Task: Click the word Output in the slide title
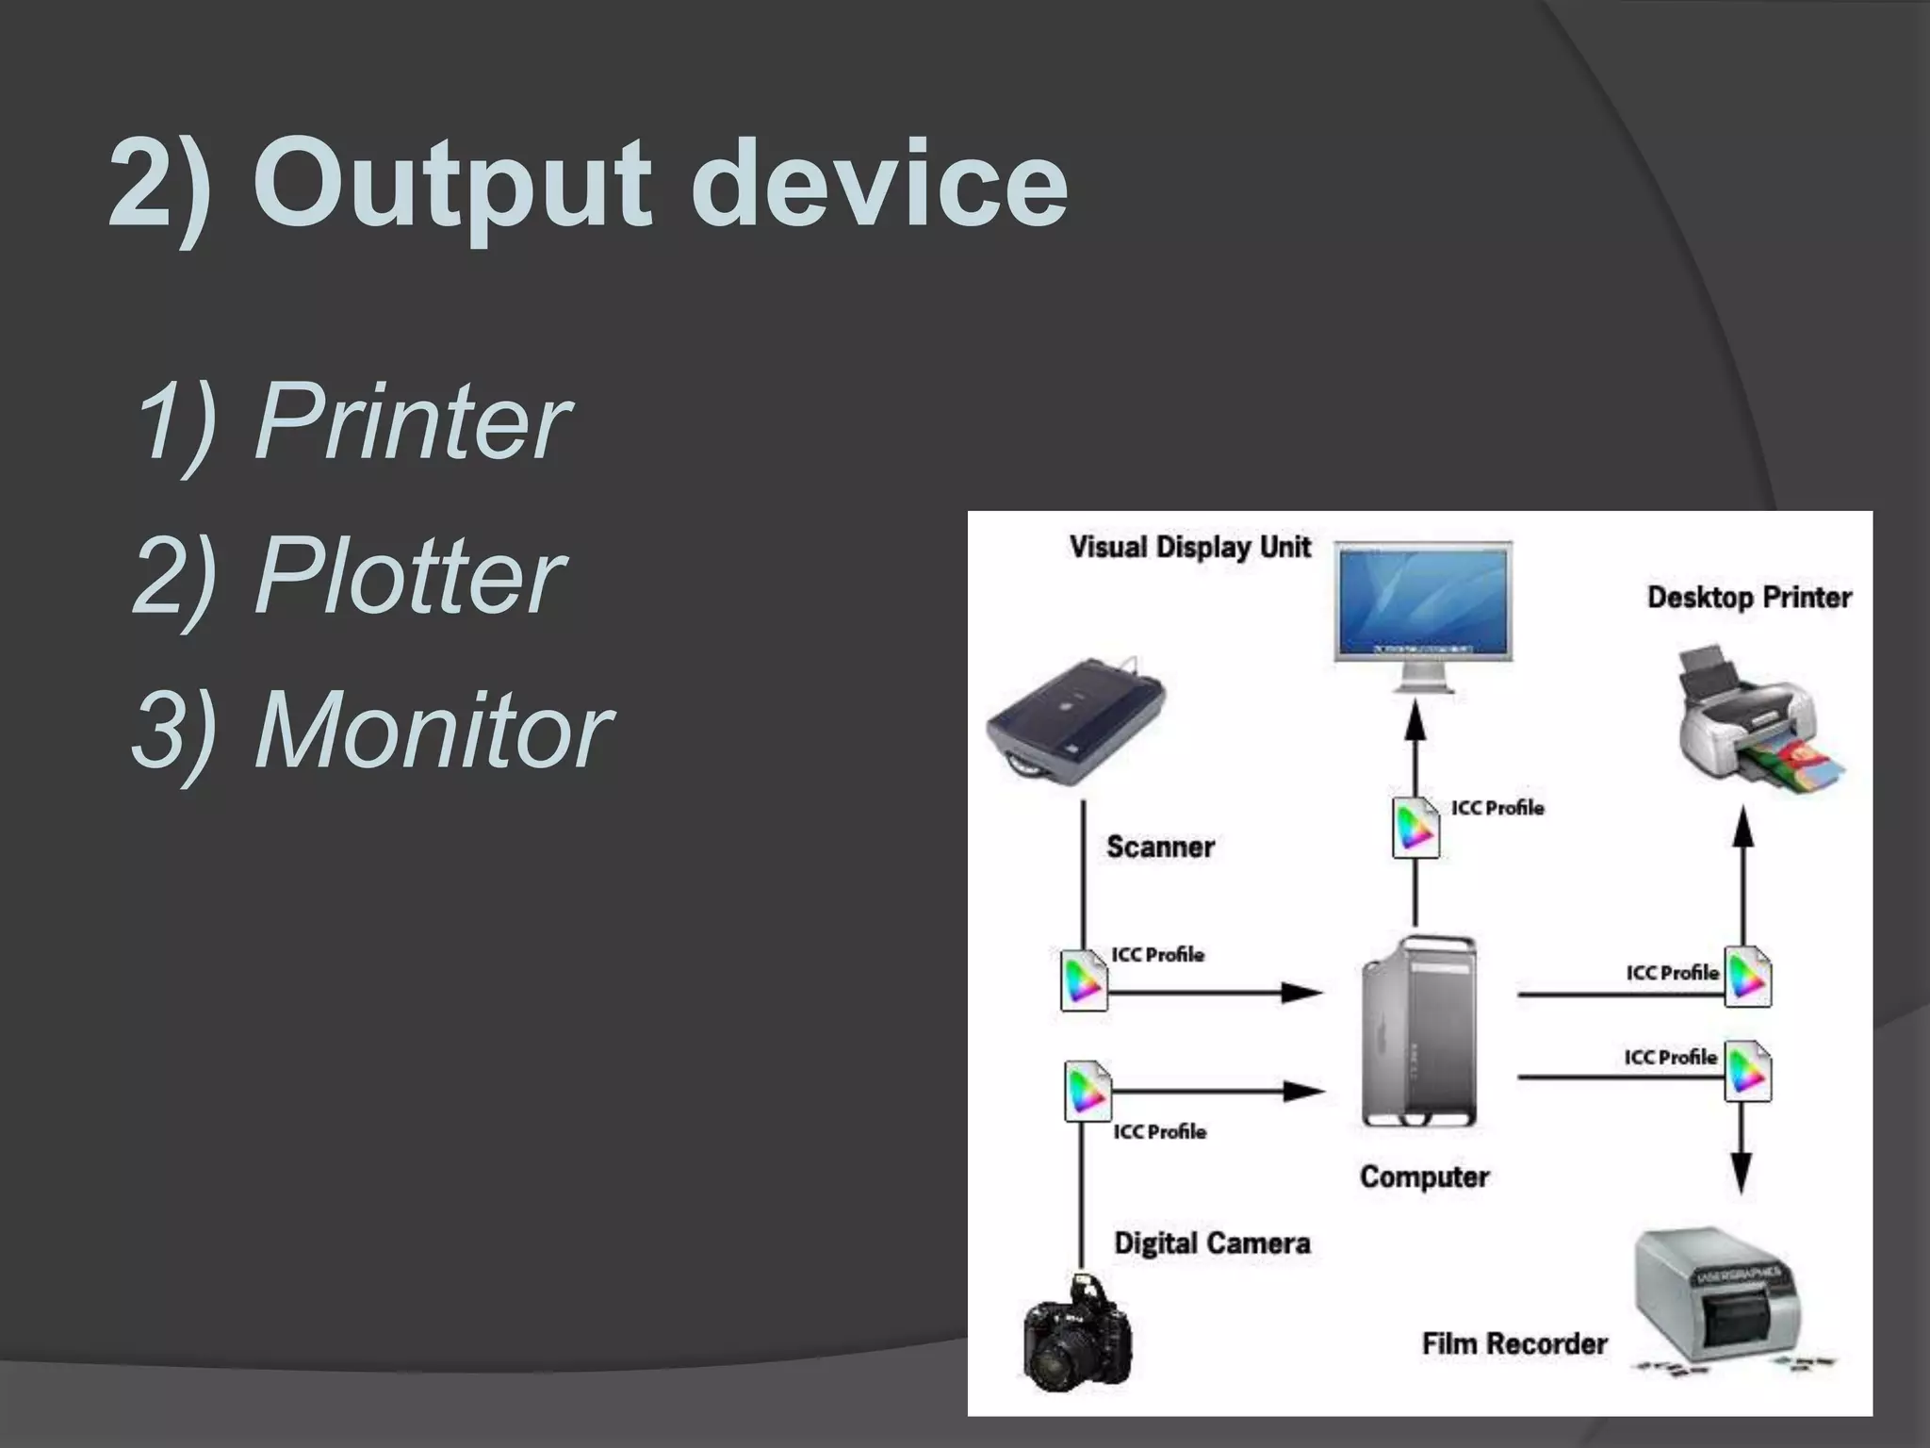click(x=452, y=184)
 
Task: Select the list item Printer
click(x=411, y=420)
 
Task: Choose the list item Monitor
click(x=433, y=730)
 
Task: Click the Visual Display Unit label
click(x=1189, y=547)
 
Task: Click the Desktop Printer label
click(x=1749, y=598)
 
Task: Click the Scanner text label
click(x=1160, y=847)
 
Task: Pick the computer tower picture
click(x=1419, y=1031)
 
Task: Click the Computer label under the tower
click(x=1424, y=1176)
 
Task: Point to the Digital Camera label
click(x=1212, y=1243)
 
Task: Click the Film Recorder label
click(x=1514, y=1343)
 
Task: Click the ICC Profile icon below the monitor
click(x=1415, y=828)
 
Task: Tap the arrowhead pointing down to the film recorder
click(x=1742, y=1173)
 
